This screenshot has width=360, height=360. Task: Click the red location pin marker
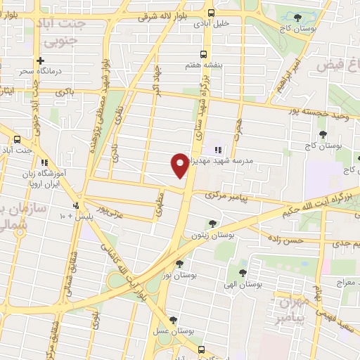[180, 165]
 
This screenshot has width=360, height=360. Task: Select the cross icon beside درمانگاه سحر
[41, 61]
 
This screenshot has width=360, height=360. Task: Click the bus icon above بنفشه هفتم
[204, 53]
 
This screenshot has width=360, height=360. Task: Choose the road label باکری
[65, 91]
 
